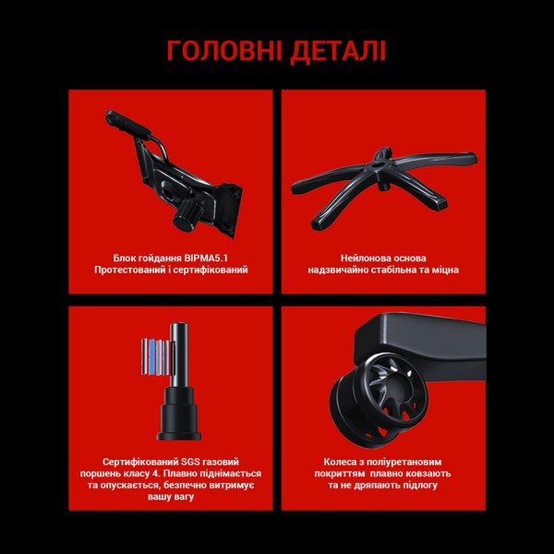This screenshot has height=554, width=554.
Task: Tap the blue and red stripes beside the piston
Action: point(155,355)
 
